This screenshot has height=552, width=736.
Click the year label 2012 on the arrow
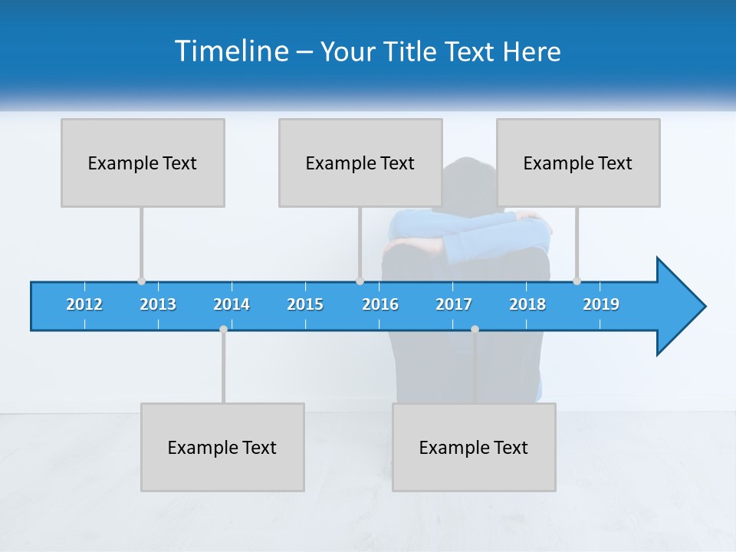84,304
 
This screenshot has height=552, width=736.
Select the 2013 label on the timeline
158,304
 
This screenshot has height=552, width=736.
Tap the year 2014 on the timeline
232,304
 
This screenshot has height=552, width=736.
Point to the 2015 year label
305,304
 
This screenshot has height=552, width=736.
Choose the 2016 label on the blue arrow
380,304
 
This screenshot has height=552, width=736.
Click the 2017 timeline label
454,304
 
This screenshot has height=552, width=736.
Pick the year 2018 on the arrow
527,304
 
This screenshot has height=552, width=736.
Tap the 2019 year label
601,304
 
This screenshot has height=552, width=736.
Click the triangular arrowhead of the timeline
679,307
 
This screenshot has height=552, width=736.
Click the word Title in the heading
413,51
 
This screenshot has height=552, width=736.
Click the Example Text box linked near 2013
143,163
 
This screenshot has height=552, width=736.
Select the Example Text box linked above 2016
360,163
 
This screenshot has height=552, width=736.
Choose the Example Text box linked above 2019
578,163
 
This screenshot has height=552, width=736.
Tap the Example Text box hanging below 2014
222,447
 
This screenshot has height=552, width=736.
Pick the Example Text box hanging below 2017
474,447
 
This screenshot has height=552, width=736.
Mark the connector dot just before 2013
141,281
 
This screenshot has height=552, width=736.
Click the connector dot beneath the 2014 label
223,330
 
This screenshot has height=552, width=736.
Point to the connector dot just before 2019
577,281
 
